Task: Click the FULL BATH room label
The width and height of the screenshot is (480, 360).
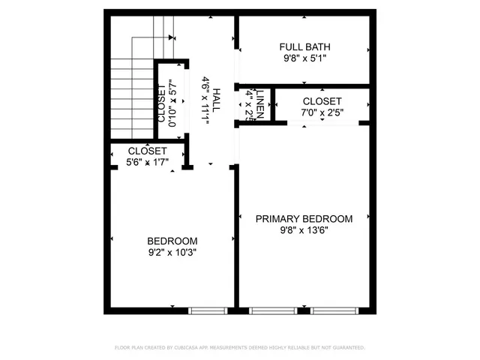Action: click(304, 44)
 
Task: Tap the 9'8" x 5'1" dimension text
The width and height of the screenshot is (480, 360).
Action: click(304, 57)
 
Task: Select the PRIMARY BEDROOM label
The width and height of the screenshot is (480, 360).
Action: click(304, 219)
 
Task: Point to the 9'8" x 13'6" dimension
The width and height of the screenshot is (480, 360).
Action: click(304, 231)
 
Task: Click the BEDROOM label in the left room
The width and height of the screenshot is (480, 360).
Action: click(172, 241)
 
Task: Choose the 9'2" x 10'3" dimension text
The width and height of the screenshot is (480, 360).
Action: click(172, 253)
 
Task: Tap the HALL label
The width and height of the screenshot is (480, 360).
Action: click(217, 100)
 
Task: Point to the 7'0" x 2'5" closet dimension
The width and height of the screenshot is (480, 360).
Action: click(322, 113)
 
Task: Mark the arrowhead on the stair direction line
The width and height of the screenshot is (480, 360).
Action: click(172, 37)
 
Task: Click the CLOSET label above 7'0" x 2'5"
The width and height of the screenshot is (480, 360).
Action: click(322, 101)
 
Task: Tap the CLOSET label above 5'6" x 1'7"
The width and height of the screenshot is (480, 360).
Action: click(147, 151)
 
